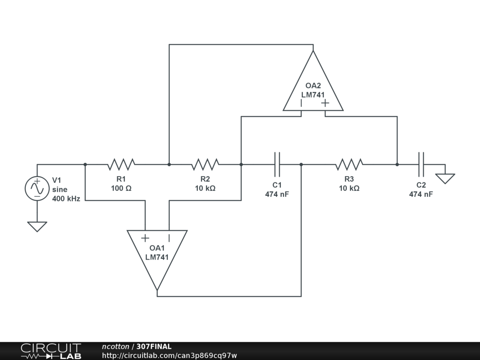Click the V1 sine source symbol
click(x=37, y=188)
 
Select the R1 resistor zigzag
click(x=121, y=165)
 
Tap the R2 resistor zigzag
click(x=205, y=165)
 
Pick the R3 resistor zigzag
click(x=349, y=165)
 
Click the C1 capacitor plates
click(x=277, y=165)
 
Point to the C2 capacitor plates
click(x=421, y=165)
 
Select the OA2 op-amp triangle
click(x=313, y=87)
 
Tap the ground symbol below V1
click(x=37, y=226)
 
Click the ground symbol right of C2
click(x=445, y=179)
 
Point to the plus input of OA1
click(x=145, y=238)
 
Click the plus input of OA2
click(x=325, y=103)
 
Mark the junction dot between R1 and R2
click(x=169, y=165)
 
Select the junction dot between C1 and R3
click(x=301, y=165)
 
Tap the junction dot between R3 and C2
click(x=397, y=165)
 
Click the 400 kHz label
click(x=66, y=198)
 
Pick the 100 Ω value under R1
click(x=121, y=188)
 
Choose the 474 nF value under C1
click(x=277, y=194)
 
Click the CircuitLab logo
click(x=51, y=351)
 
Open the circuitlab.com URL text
click(x=169, y=355)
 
